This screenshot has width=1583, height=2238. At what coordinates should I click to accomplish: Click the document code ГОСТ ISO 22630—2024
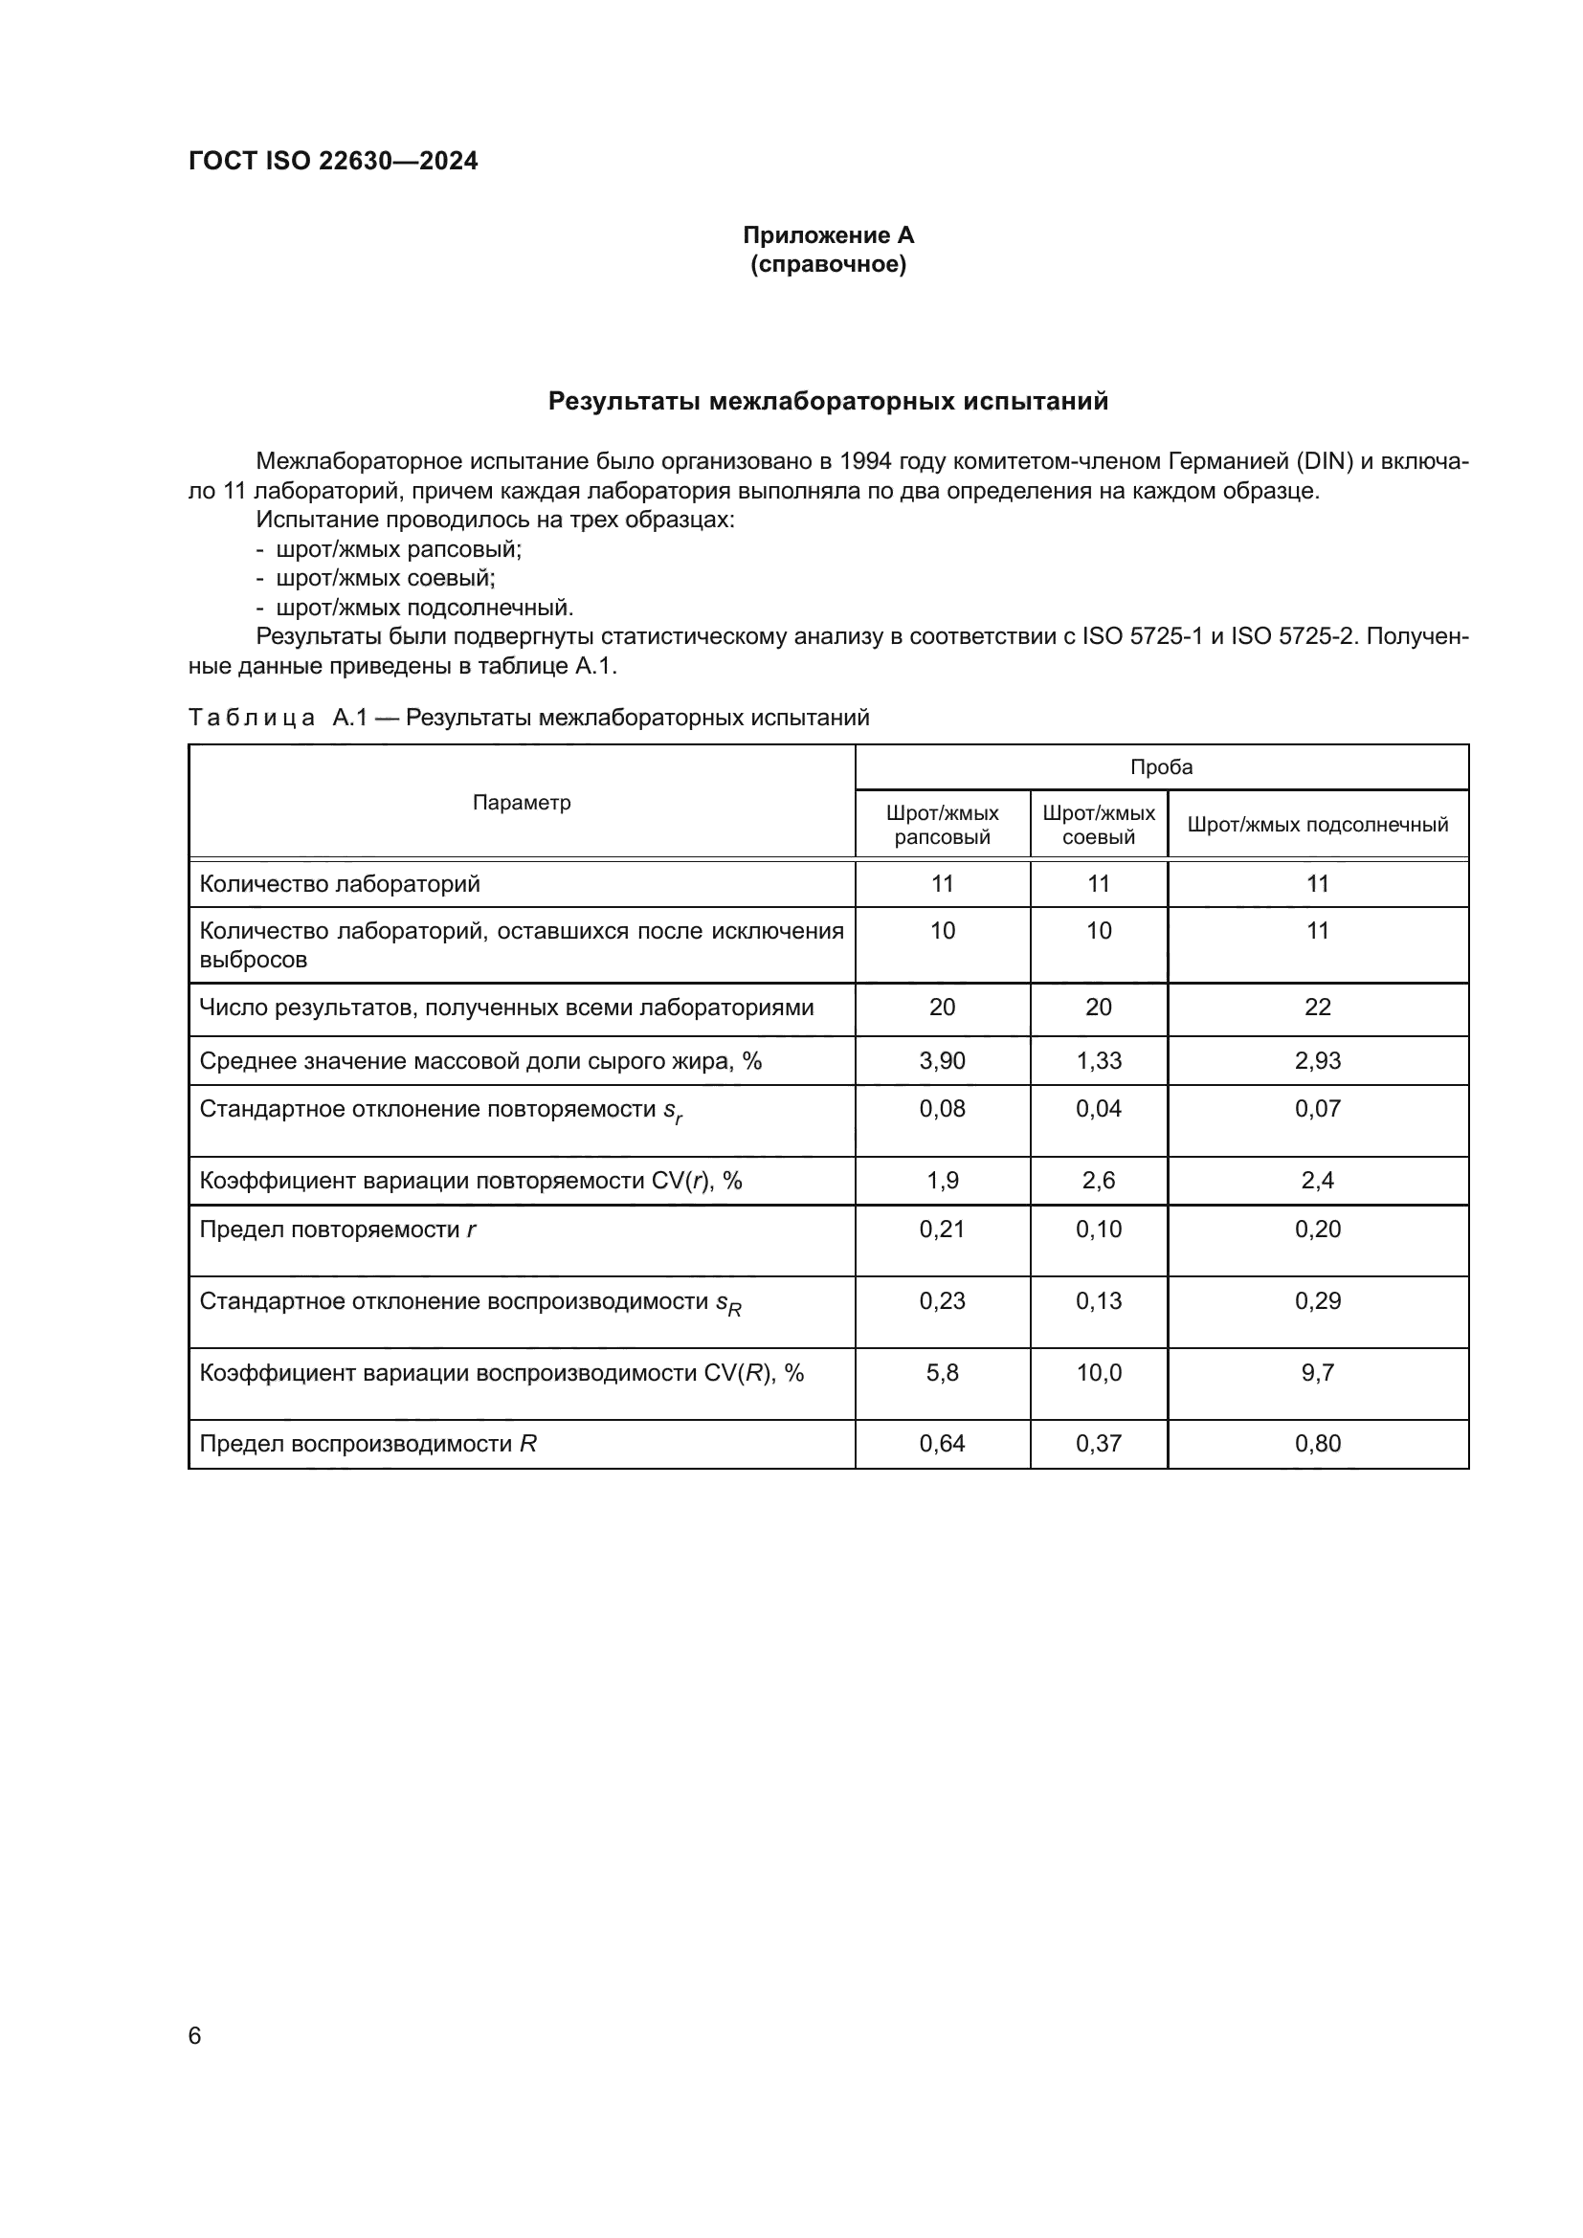(332, 161)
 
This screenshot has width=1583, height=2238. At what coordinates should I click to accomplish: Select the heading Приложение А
(828, 235)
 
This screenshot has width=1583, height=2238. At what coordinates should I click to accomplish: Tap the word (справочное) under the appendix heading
(828, 264)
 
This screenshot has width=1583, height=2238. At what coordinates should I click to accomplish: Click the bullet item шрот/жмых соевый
(385, 578)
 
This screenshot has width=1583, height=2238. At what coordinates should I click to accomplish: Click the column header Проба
(1161, 767)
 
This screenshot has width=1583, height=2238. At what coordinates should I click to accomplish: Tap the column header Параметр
(522, 802)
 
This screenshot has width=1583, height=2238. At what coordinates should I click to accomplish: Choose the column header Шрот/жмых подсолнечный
(1317, 825)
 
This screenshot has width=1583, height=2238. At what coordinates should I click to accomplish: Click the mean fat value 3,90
(942, 1060)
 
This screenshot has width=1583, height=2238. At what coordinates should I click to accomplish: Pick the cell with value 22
(1317, 1007)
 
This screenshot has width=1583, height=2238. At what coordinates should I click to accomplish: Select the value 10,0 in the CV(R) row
(1099, 1373)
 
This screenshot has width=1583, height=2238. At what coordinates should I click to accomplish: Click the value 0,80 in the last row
(1317, 1444)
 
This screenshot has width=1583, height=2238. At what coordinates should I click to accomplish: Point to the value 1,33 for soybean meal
(1099, 1060)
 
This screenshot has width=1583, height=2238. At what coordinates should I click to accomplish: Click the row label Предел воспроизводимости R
(368, 1444)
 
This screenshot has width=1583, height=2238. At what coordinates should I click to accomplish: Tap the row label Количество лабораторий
(339, 884)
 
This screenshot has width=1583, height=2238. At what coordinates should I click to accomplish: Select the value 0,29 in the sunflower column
(1317, 1301)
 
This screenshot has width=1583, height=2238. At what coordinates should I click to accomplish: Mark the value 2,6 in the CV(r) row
(1099, 1181)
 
